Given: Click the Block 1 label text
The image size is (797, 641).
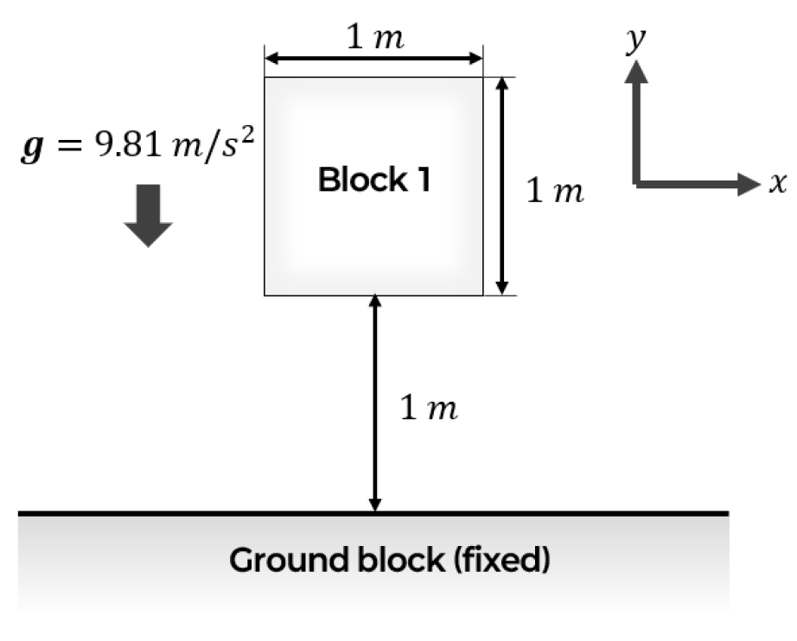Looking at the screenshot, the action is tap(374, 180).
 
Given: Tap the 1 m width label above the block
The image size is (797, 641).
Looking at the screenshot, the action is tap(375, 38).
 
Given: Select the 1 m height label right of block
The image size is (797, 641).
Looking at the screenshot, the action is tap(555, 191).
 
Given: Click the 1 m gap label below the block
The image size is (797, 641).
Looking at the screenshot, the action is tap(429, 408).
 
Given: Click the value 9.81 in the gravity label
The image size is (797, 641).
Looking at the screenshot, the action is tap(128, 144).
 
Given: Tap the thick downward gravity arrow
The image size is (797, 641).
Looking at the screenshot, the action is tap(148, 216).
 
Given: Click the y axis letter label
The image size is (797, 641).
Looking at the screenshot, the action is tap(636, 39).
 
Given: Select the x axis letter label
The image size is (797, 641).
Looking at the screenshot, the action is tap(777, 183).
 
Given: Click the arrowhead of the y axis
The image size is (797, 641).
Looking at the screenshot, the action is tap(636, 72).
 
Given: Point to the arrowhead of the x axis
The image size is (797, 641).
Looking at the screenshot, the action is tap(748, 183).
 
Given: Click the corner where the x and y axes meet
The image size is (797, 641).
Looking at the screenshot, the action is tap(636, 184).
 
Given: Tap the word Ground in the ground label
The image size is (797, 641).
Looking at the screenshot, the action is tap(290, 560).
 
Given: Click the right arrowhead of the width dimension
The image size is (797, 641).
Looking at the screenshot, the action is tap(475, 59).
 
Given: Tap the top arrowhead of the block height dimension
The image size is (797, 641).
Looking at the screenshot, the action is tap(501, 84).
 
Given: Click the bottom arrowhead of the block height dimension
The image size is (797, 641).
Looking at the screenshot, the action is tap(501, 288).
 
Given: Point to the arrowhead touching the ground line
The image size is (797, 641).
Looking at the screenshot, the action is tap(374, 505).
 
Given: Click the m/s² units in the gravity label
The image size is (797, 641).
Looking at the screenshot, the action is tap(213, 146).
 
